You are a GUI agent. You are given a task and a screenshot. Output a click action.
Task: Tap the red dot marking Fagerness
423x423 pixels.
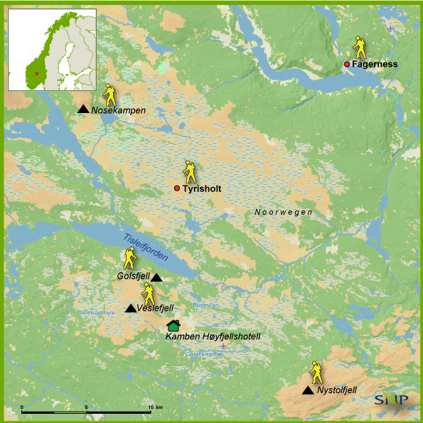[x=347, y=65]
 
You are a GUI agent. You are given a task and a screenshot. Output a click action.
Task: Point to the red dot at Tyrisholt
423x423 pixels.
[x=177, y=188]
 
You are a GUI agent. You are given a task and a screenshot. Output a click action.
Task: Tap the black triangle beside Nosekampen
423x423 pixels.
[x=83, y=109]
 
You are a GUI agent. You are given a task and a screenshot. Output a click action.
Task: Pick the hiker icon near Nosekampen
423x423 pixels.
[x=109, y=94]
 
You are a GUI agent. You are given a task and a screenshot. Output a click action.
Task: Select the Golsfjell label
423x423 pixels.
[x=133, y=275]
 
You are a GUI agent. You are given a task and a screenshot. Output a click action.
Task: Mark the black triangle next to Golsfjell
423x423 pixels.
[x=156, y=277]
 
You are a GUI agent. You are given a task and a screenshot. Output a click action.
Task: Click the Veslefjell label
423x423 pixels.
[x=156, y=308]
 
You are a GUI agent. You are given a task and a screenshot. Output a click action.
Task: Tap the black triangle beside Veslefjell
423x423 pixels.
[x=131, y=308]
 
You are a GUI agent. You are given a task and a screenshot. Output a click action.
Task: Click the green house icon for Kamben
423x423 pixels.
[x=173, y=325]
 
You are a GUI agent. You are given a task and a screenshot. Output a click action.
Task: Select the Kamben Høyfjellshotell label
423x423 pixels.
[x=213, y=336]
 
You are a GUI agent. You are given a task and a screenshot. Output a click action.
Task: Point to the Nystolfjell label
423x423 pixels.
[x=337, y=390]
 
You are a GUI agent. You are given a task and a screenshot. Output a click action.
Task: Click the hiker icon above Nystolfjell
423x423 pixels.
[x=315, y=373]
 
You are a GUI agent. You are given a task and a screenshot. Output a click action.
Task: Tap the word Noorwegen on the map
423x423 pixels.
[x=283, y=213]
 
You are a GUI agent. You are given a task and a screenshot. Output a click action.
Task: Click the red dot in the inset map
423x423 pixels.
[x=36, y=73]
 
